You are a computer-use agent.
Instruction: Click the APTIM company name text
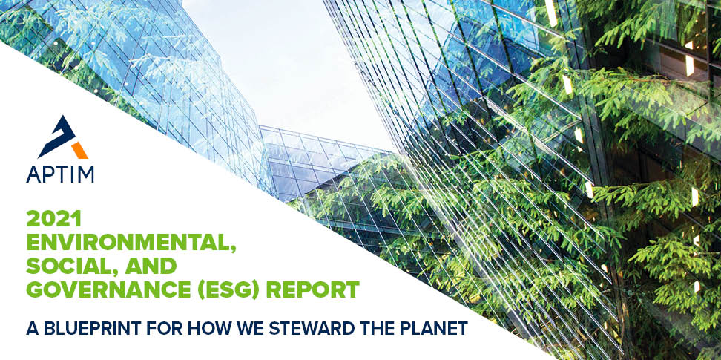coord(60,174)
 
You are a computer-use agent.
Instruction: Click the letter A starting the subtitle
coord(30,328)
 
